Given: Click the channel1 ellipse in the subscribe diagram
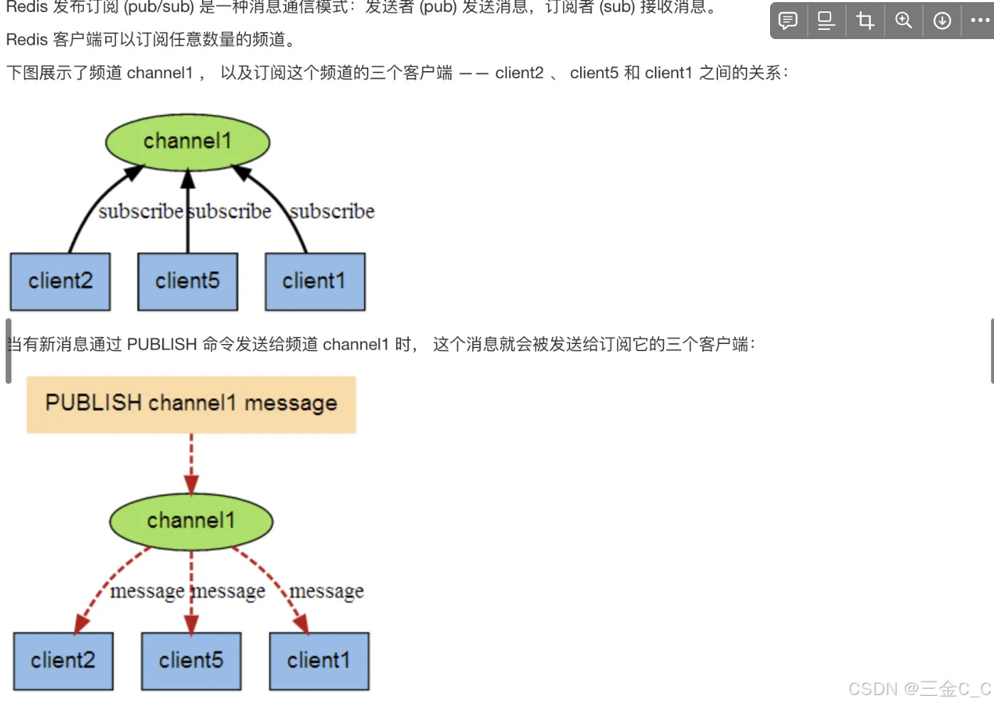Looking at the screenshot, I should click(x=188, y=141).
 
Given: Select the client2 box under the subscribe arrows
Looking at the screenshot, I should click(x=60, y=281).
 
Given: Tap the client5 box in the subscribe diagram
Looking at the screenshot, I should click(x=188, y=281).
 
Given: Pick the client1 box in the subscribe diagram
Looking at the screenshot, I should click(x=315, y=281).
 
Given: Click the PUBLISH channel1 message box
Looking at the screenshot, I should click(x=191, y=404).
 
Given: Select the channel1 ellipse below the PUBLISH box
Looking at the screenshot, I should click(x=191, y=521).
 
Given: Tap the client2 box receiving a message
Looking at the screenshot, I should click(x=63, y=661).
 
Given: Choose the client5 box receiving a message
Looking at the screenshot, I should click(x=191, y=661).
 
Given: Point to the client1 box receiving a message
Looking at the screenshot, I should click(x=319, y=661).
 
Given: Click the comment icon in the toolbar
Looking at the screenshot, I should click(x=788, y=21).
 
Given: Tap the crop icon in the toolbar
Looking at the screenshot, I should click(x=865, y=21).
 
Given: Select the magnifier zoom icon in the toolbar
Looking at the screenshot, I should click(x=904, y=21).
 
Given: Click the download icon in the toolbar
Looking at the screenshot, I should click(x=942, y=21).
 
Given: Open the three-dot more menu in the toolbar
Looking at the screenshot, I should click(x=980, y=21).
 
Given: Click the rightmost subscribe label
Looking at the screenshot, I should click(x=332, y=212).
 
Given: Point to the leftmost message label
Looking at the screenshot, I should click(x=147, y=591).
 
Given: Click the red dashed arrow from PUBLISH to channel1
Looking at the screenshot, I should click(x=191, y=463).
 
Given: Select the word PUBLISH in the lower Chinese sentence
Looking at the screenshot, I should click(x=161, y=345).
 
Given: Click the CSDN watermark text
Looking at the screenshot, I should click(x=919, y=689).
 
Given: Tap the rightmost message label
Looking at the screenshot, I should click(x=326, y=591).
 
